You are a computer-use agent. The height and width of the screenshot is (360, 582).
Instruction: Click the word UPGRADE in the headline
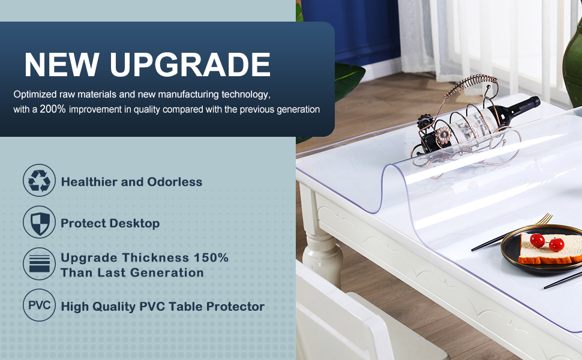tap(191, 65)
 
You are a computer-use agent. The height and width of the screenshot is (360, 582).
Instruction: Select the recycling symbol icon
tap(39, 181)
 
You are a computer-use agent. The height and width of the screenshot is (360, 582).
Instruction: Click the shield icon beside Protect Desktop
tap(39, 222)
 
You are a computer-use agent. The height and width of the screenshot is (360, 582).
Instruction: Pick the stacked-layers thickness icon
tap(39, 265)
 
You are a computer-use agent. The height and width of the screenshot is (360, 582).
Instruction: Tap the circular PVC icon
tap(39, 305)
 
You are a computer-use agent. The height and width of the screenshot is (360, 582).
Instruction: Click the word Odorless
tap(176, 182)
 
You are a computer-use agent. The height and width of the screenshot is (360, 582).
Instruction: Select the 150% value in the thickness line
tap(211, 257)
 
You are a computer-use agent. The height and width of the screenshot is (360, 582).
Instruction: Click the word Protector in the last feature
tap(235, 307)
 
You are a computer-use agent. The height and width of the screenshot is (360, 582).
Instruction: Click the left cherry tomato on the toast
tap(538, 241)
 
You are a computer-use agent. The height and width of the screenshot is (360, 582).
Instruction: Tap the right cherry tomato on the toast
tap(556, 244)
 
